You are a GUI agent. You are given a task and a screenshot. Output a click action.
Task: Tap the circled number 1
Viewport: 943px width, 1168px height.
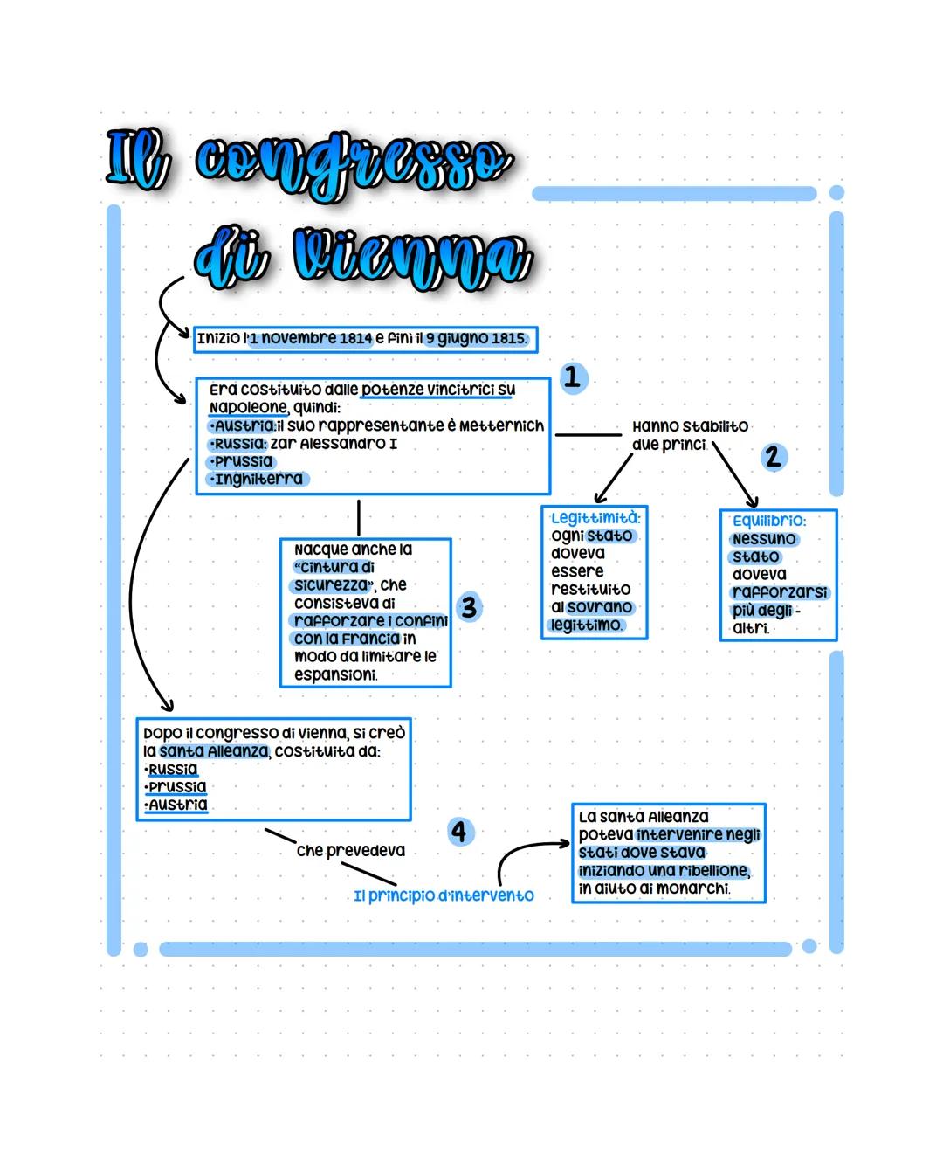point(573,377)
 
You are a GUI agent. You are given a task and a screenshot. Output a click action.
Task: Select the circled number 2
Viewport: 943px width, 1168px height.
point(772,456)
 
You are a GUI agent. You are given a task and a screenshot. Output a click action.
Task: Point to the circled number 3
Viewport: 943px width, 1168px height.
point(470,607)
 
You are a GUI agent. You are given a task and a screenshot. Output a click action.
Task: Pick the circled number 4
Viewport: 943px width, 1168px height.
point(460,831)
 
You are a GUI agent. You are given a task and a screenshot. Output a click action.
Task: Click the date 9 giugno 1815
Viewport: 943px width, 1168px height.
point(477,338)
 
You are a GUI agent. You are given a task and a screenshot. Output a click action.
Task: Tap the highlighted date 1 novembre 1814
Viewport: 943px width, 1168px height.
point(311,338)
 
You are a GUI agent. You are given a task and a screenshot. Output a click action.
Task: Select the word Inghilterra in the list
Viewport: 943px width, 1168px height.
point(258,479)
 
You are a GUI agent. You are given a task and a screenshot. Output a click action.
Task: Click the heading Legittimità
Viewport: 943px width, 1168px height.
point(595,518)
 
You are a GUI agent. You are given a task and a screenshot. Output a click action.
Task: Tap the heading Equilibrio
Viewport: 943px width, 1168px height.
point(769,521)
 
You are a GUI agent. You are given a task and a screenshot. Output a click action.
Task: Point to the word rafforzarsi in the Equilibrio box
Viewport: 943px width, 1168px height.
point(780,592)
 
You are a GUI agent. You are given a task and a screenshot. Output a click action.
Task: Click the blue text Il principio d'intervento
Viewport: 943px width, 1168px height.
point(444,896)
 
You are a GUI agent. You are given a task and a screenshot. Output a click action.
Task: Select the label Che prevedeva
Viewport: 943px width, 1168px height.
point(350,850)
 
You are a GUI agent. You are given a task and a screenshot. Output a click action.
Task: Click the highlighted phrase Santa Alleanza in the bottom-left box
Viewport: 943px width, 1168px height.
point(214,751)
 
